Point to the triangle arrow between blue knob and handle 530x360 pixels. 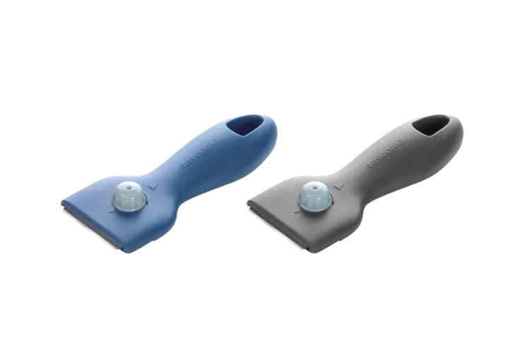tap(154, 187)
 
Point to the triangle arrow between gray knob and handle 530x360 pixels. tap(338, 187)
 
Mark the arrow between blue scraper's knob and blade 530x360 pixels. tap(110, 211)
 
